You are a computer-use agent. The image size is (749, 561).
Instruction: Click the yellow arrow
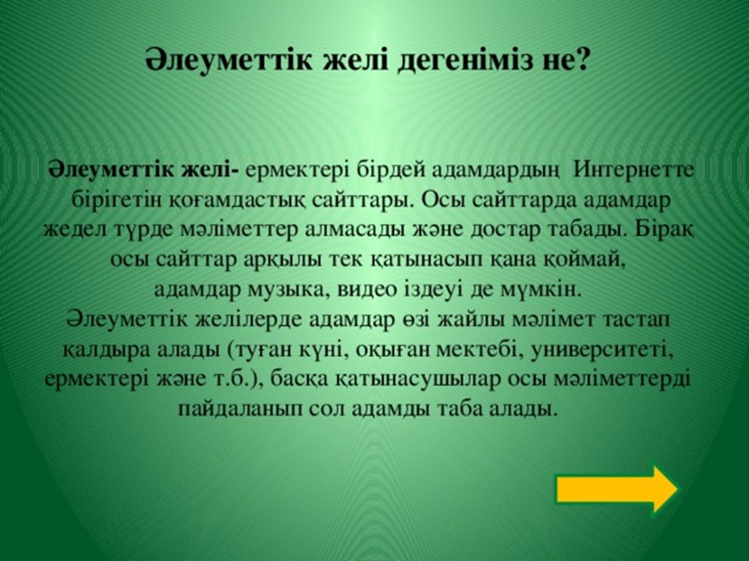(x=616, y=489)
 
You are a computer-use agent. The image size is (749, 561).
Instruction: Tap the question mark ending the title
(x=580, y=59)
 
